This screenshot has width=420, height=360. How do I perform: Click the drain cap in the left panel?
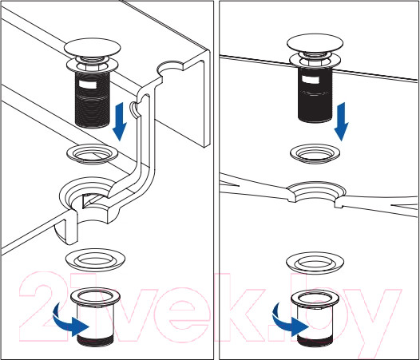92,48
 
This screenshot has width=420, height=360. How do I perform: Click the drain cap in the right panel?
315,43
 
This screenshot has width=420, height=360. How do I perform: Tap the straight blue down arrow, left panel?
119,121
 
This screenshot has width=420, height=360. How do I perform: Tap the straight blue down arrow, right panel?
341,121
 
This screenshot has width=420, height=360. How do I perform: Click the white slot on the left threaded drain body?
87,84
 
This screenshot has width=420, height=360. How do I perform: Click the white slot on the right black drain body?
310,80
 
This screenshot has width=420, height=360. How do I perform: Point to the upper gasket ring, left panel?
93,154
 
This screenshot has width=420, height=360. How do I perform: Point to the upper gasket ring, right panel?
315,154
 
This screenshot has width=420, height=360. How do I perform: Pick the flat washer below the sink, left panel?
95,259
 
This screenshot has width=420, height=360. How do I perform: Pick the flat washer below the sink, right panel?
315,262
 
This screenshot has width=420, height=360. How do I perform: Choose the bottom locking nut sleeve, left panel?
96,318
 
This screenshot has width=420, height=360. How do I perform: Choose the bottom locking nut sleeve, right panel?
315,318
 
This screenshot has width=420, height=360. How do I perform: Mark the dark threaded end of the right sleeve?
315,342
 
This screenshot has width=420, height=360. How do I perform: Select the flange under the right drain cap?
315,62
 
